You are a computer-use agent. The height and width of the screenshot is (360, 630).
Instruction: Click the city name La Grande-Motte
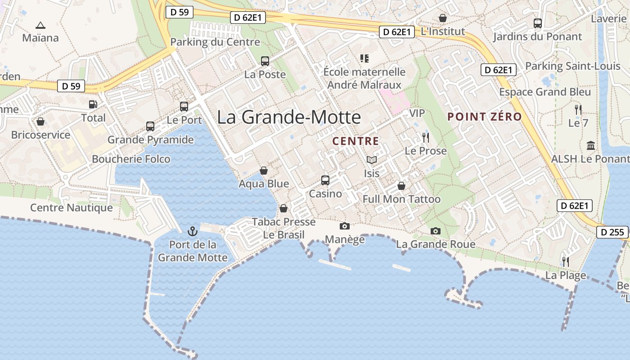[x=289, y=117]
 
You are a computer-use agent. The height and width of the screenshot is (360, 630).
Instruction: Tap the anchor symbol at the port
[x=193, y=231]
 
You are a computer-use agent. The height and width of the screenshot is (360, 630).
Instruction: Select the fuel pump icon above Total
[x=93, y=104]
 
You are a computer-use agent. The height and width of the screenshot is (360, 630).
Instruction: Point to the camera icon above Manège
[x=345, y=226]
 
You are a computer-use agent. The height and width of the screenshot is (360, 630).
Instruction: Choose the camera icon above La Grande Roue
[x=435, y=231]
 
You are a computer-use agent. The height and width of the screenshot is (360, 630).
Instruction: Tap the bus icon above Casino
[x=325, y=180]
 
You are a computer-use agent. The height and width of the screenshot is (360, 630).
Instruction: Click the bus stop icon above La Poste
[x=265, y=61]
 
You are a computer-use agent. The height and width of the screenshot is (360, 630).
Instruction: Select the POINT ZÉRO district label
[x=485, y=117]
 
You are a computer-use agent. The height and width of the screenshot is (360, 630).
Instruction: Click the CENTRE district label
[x=355, y=141]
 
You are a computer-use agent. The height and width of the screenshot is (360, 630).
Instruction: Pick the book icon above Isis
[x=372, y=160]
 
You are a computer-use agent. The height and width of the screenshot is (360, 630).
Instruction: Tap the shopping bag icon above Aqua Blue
[x=264, y=171]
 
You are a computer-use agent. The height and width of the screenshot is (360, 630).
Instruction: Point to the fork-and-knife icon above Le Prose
[x=426, y=138]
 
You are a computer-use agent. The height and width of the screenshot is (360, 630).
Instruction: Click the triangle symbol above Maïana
[x=40, y=25]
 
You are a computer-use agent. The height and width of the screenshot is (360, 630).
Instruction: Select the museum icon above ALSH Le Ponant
[x=591, y=146]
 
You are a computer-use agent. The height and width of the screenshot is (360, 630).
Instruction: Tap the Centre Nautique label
[x=72, y=208]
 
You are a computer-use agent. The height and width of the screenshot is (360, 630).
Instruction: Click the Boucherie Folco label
[x=131, y=159]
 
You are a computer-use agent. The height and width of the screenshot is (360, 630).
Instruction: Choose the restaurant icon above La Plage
[x=566, y=261]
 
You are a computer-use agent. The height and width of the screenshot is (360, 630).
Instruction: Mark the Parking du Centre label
[x=215, y=42]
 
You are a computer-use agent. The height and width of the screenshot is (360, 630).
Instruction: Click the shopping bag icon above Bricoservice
[x=40, y=121]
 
